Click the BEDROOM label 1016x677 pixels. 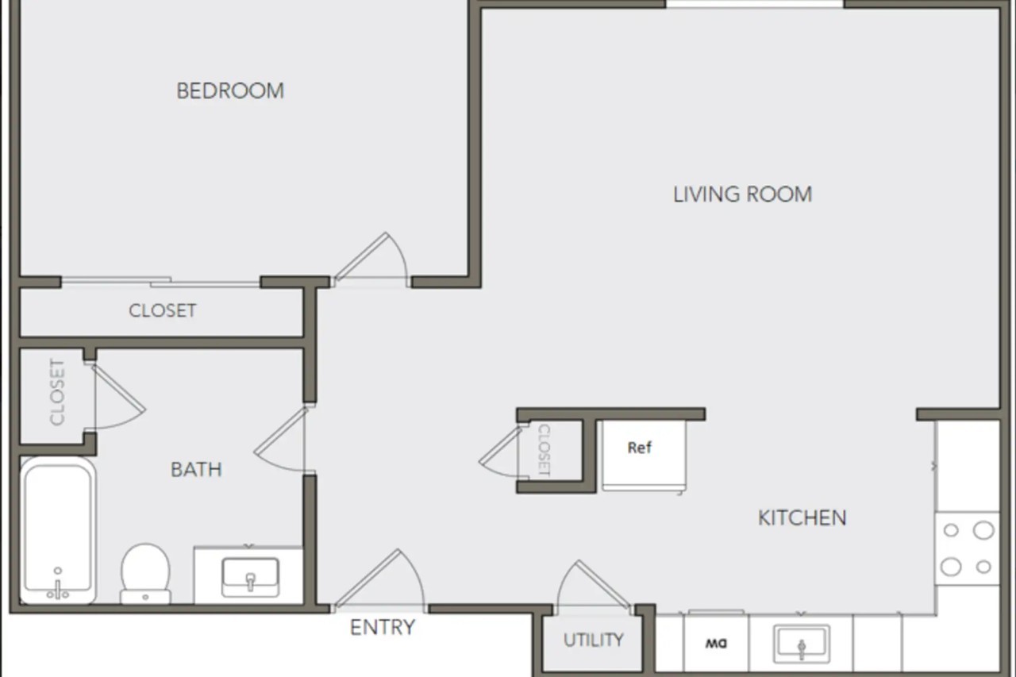(x=230, y=91)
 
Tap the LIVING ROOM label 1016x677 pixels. (x=742, y=194)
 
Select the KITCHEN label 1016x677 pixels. (x=802, y=517)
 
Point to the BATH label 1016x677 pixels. (x=196, y=470)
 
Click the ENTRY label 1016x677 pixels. (x=383, y=628)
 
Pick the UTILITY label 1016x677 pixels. (x=593, y=640)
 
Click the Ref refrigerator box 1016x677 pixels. (x=644, y=456)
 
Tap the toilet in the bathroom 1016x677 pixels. (x=145, y=574)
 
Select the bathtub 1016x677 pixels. (x=58, y=530)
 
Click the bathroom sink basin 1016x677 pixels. (x=250, y=577)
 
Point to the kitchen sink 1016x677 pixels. (x=802, y=644)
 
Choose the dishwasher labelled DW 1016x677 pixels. (x=716, y=643)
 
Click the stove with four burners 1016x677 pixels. (x=967, y=548)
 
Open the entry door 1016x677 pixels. (x=380, y=580)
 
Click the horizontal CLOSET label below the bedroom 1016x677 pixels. (x=163, y=310)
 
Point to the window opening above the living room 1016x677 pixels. (x=754, y=4)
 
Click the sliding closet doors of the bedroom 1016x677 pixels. (x=160, y=282)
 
